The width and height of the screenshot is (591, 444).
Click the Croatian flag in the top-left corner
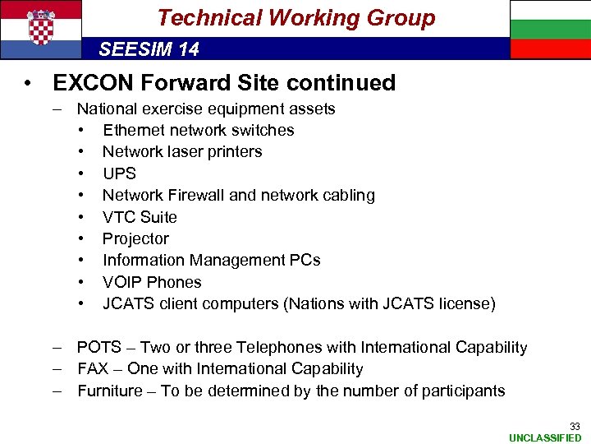(41, 30)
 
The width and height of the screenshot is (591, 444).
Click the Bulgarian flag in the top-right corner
(549, 30)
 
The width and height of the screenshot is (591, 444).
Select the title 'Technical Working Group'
(295, 18)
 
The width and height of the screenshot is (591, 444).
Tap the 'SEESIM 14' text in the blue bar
(149, 49)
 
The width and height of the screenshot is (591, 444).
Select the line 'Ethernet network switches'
(198, 130)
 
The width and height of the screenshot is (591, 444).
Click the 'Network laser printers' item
(182, 151)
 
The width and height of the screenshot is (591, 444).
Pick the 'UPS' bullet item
(119, 173)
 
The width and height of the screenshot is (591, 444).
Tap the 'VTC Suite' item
(140, 217)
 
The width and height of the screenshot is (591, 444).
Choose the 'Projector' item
(135, 238)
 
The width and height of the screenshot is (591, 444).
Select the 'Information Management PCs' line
(211, 260)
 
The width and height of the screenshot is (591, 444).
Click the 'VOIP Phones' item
(152, 282)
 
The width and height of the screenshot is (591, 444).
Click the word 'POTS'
(98, 348)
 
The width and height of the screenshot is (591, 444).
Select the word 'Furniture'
(110, 391)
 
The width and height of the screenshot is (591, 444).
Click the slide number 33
(575, 426)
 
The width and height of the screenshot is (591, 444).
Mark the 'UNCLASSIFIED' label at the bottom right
(545, 437)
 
